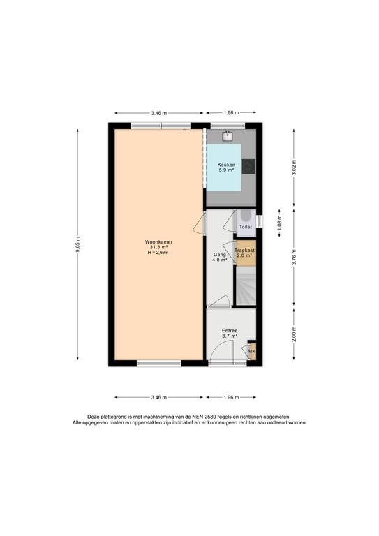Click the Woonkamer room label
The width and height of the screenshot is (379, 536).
tap(158, 241)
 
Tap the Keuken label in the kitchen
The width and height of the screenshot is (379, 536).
tap(226, 165)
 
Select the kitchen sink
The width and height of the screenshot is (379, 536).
tap(228, 136)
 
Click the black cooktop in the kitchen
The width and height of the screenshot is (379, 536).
tap(248, 167)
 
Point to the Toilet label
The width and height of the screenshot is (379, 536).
tap(246, 227)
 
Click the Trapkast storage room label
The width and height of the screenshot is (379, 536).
tap(245, 251)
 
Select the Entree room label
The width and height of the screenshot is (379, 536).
tap(230, 331)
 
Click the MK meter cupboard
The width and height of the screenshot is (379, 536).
tap(252, 351)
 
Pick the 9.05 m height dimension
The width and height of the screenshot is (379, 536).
tap(77, 245)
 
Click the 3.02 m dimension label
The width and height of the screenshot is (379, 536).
tap(294, 167)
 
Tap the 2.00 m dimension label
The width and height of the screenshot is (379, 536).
tap(294, 334)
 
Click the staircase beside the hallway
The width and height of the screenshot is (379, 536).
tap(246, 286)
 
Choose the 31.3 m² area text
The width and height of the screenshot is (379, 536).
tap(158, 247)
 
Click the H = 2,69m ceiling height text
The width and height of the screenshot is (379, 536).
tap(158, 253)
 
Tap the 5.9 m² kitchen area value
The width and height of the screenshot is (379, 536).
tap(226, 170)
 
